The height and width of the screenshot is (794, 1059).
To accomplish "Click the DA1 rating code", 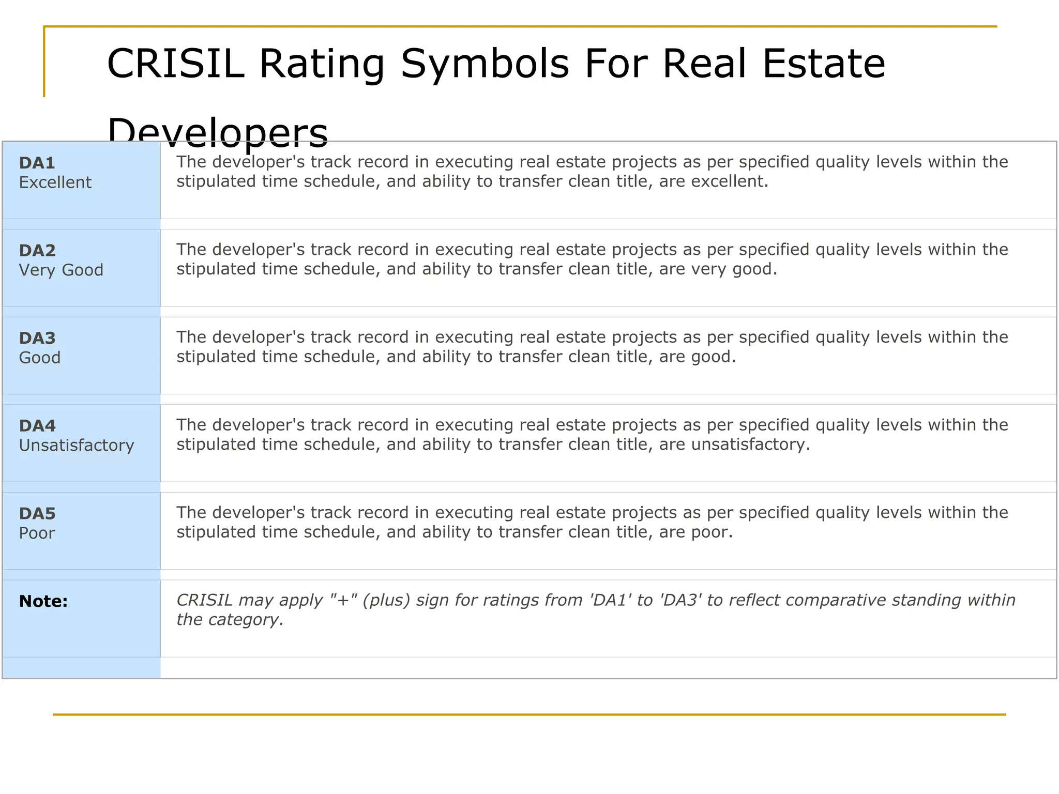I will pyautogui.click(x=37, y=163).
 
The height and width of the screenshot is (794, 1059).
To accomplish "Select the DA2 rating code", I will pyautogui.click(x=37, y=251).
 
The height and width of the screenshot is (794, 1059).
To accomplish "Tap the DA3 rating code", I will pyautogui.click(x=37, y=339).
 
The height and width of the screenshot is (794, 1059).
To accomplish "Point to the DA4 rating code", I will pyautogui.click(x=37, y=426).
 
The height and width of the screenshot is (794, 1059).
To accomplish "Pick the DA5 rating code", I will pyautogui.click(x=37, y=514).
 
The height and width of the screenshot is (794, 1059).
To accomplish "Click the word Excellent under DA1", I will pyautogui.click(x=55, y=182).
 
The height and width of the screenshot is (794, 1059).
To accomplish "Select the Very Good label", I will pyautogui.click(x=61, y=270).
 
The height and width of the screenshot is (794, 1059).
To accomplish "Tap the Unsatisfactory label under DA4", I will pyautogui.click(x=77, y=445).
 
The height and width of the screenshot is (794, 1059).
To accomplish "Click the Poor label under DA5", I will pyautogui.click(x=37, y=533).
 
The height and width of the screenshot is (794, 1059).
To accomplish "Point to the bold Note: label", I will pyautogui.click(x=43, y=601).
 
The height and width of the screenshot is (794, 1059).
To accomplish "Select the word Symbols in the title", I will pyautogui.click(x=485, y=64).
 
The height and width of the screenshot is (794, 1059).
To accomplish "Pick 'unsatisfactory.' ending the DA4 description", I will pyautogui.click(x=750, y=445).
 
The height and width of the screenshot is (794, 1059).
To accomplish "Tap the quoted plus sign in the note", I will pyautogui.click(x=343, y=600).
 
